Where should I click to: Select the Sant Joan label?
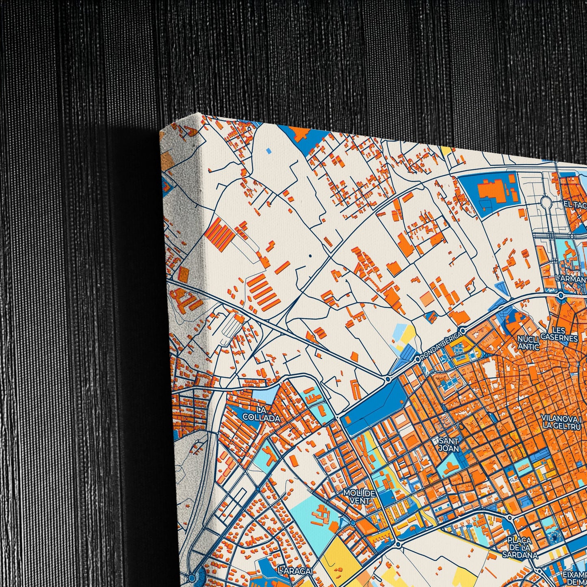click(x=448, y=444)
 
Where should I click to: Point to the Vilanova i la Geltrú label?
click(x=562, y=422)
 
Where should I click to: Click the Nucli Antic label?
click(x=528, y=342)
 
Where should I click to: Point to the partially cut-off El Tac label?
click(x=574, y=204)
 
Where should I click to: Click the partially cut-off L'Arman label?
click(x=571, y=279)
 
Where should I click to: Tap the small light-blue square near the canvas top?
click(x=268, y=151)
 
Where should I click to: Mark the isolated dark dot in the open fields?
click(x=310, y=256)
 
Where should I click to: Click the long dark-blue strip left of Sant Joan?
click(x=372, y=402)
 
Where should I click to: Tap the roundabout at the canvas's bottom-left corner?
click(x=191, y=577)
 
